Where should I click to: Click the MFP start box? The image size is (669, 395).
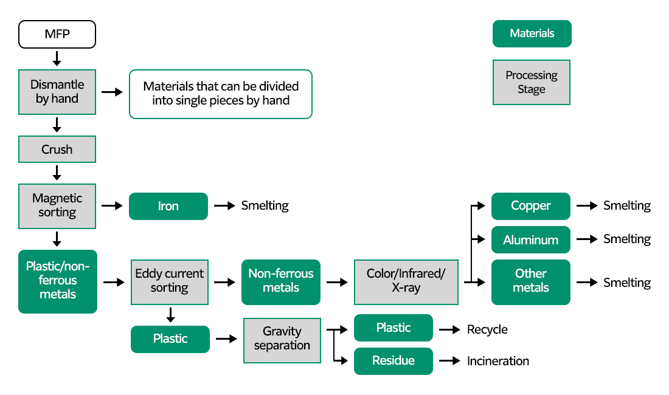[57, 34]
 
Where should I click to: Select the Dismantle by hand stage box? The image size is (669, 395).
[57, 92]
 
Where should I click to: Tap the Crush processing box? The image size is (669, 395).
[57, 149]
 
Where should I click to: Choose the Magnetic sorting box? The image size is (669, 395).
[57, 205]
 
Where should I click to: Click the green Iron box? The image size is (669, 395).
[168, 206]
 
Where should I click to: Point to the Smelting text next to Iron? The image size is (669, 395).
[265, 206]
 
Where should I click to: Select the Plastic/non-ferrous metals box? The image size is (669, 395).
[58, 281]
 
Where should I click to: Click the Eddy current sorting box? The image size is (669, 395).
[170, 282]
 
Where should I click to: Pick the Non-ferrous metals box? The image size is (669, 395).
[280, 282]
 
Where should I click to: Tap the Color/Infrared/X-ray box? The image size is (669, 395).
[406, 282]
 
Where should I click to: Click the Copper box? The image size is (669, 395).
[530, 206]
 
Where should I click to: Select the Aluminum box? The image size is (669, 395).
[530, 239]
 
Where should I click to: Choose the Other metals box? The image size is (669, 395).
[530, 282]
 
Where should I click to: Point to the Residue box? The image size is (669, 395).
[393, 361]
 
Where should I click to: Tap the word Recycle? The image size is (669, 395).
[487, 329]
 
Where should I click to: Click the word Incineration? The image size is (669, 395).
[497, 361]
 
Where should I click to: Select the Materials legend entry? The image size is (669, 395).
[532, 34]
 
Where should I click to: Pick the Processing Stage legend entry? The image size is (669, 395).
[532, 83]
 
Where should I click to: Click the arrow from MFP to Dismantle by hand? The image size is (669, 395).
[57, 58]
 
